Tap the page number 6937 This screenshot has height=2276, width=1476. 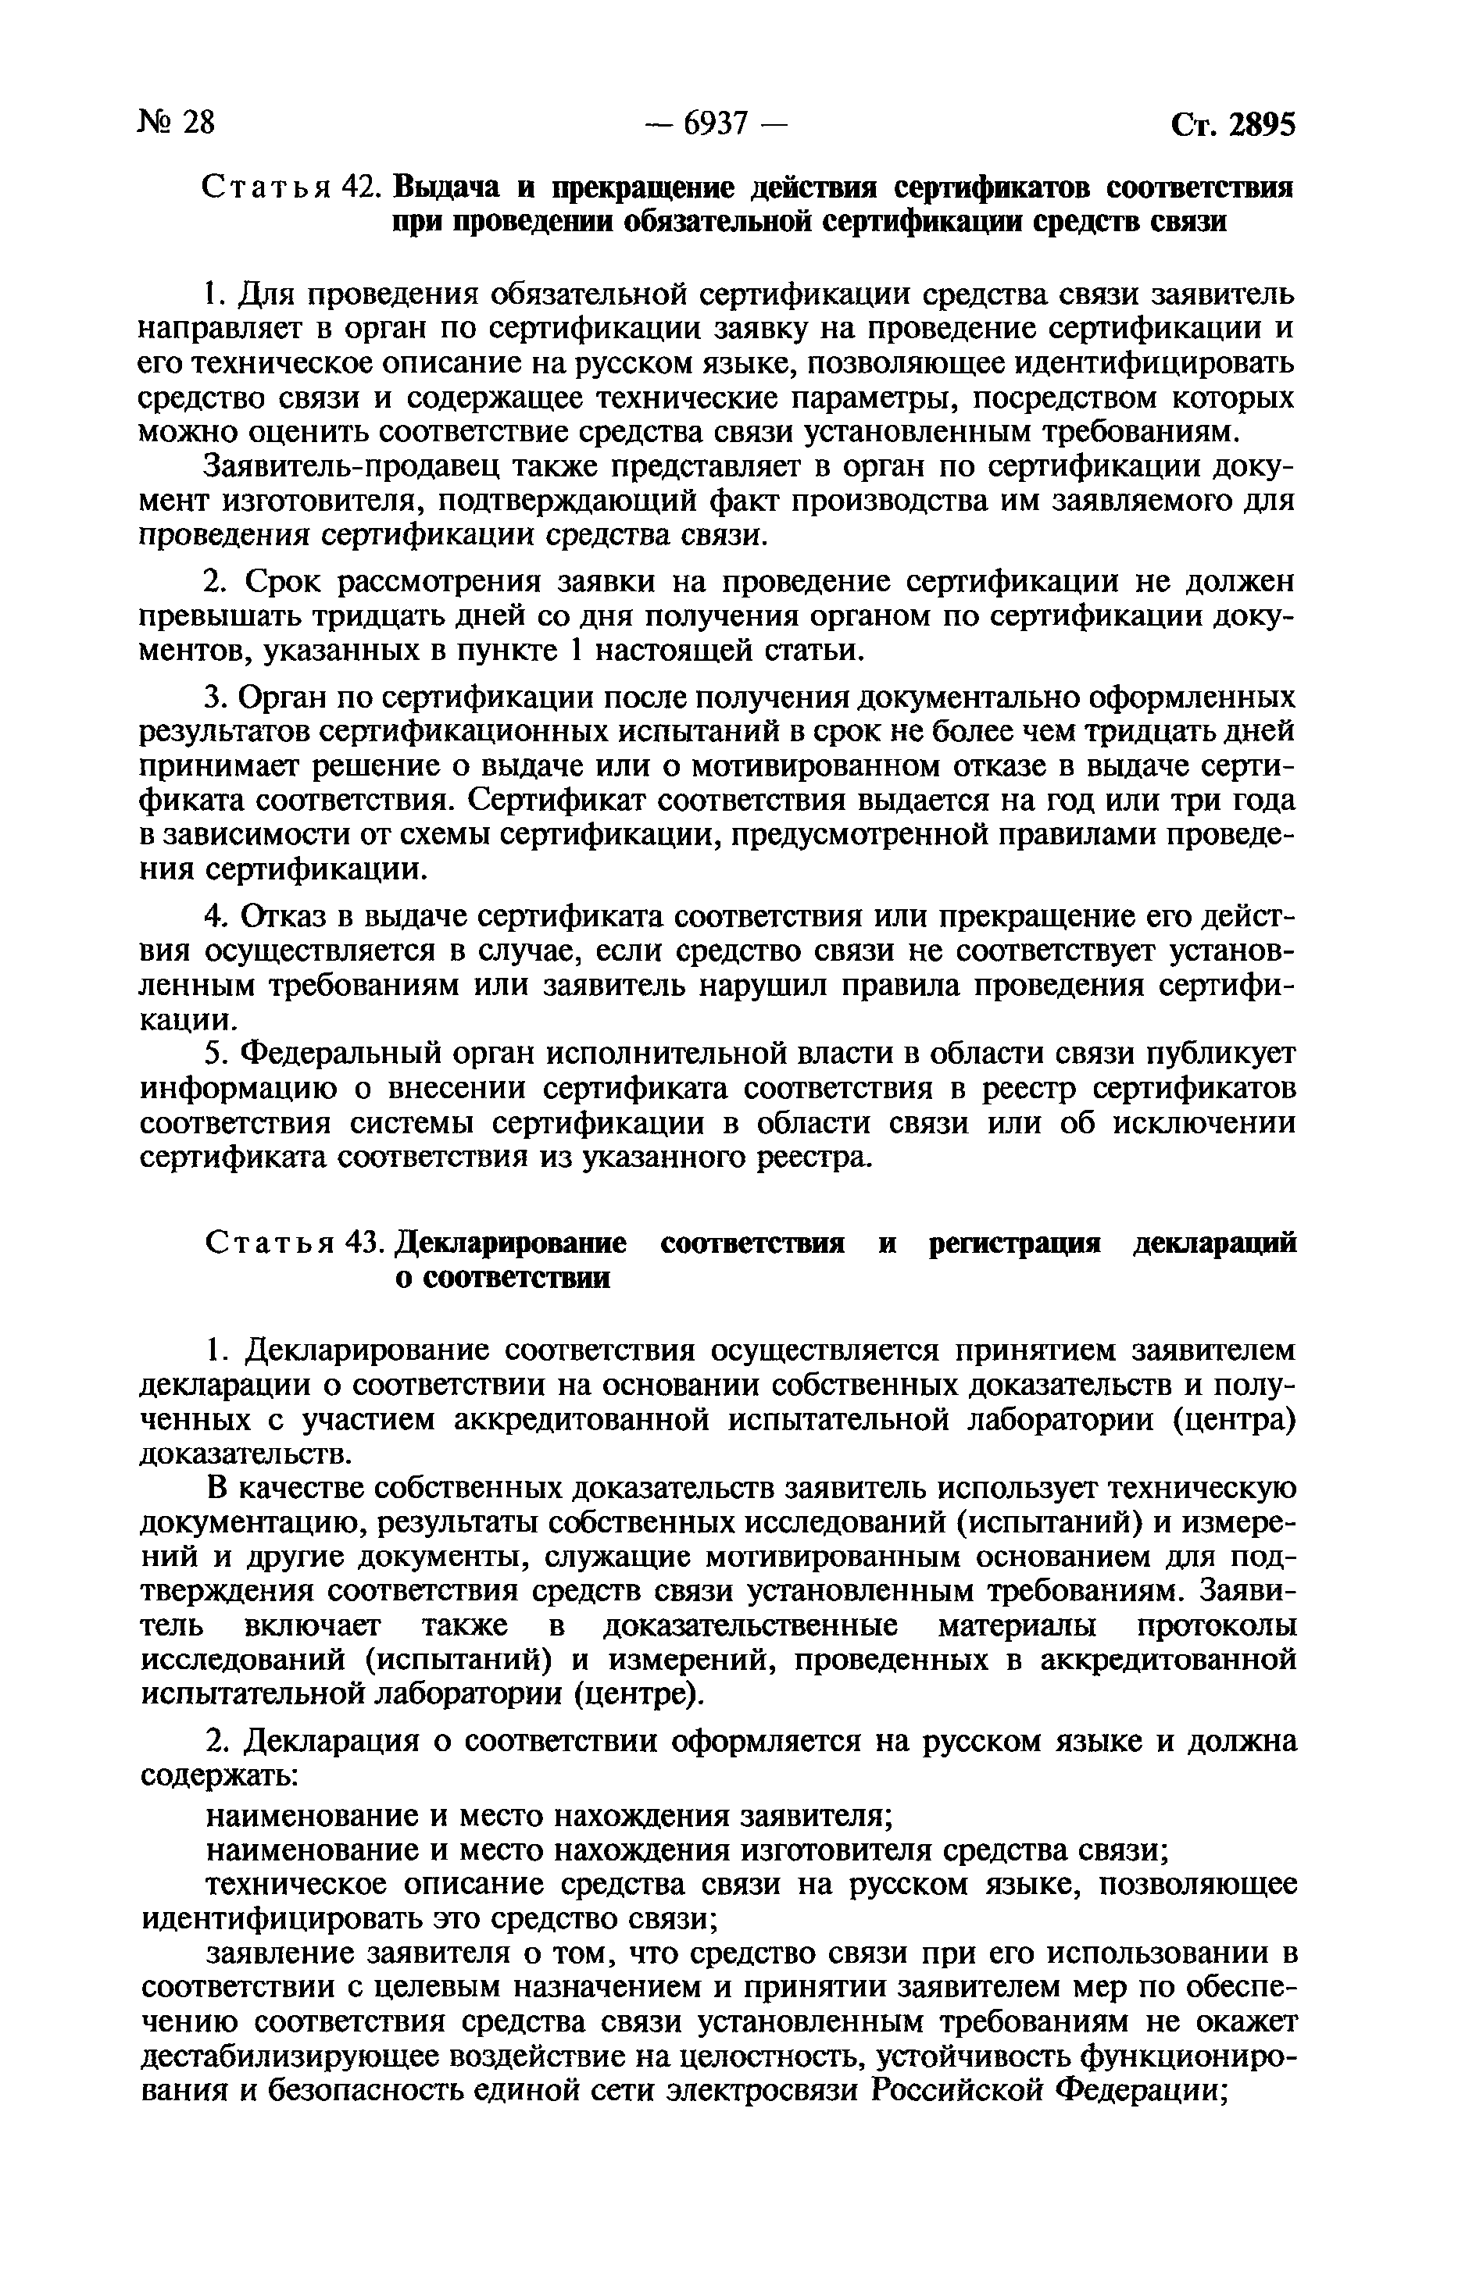coord(716,123)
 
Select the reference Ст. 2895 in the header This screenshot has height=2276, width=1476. coord(1232,124)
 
